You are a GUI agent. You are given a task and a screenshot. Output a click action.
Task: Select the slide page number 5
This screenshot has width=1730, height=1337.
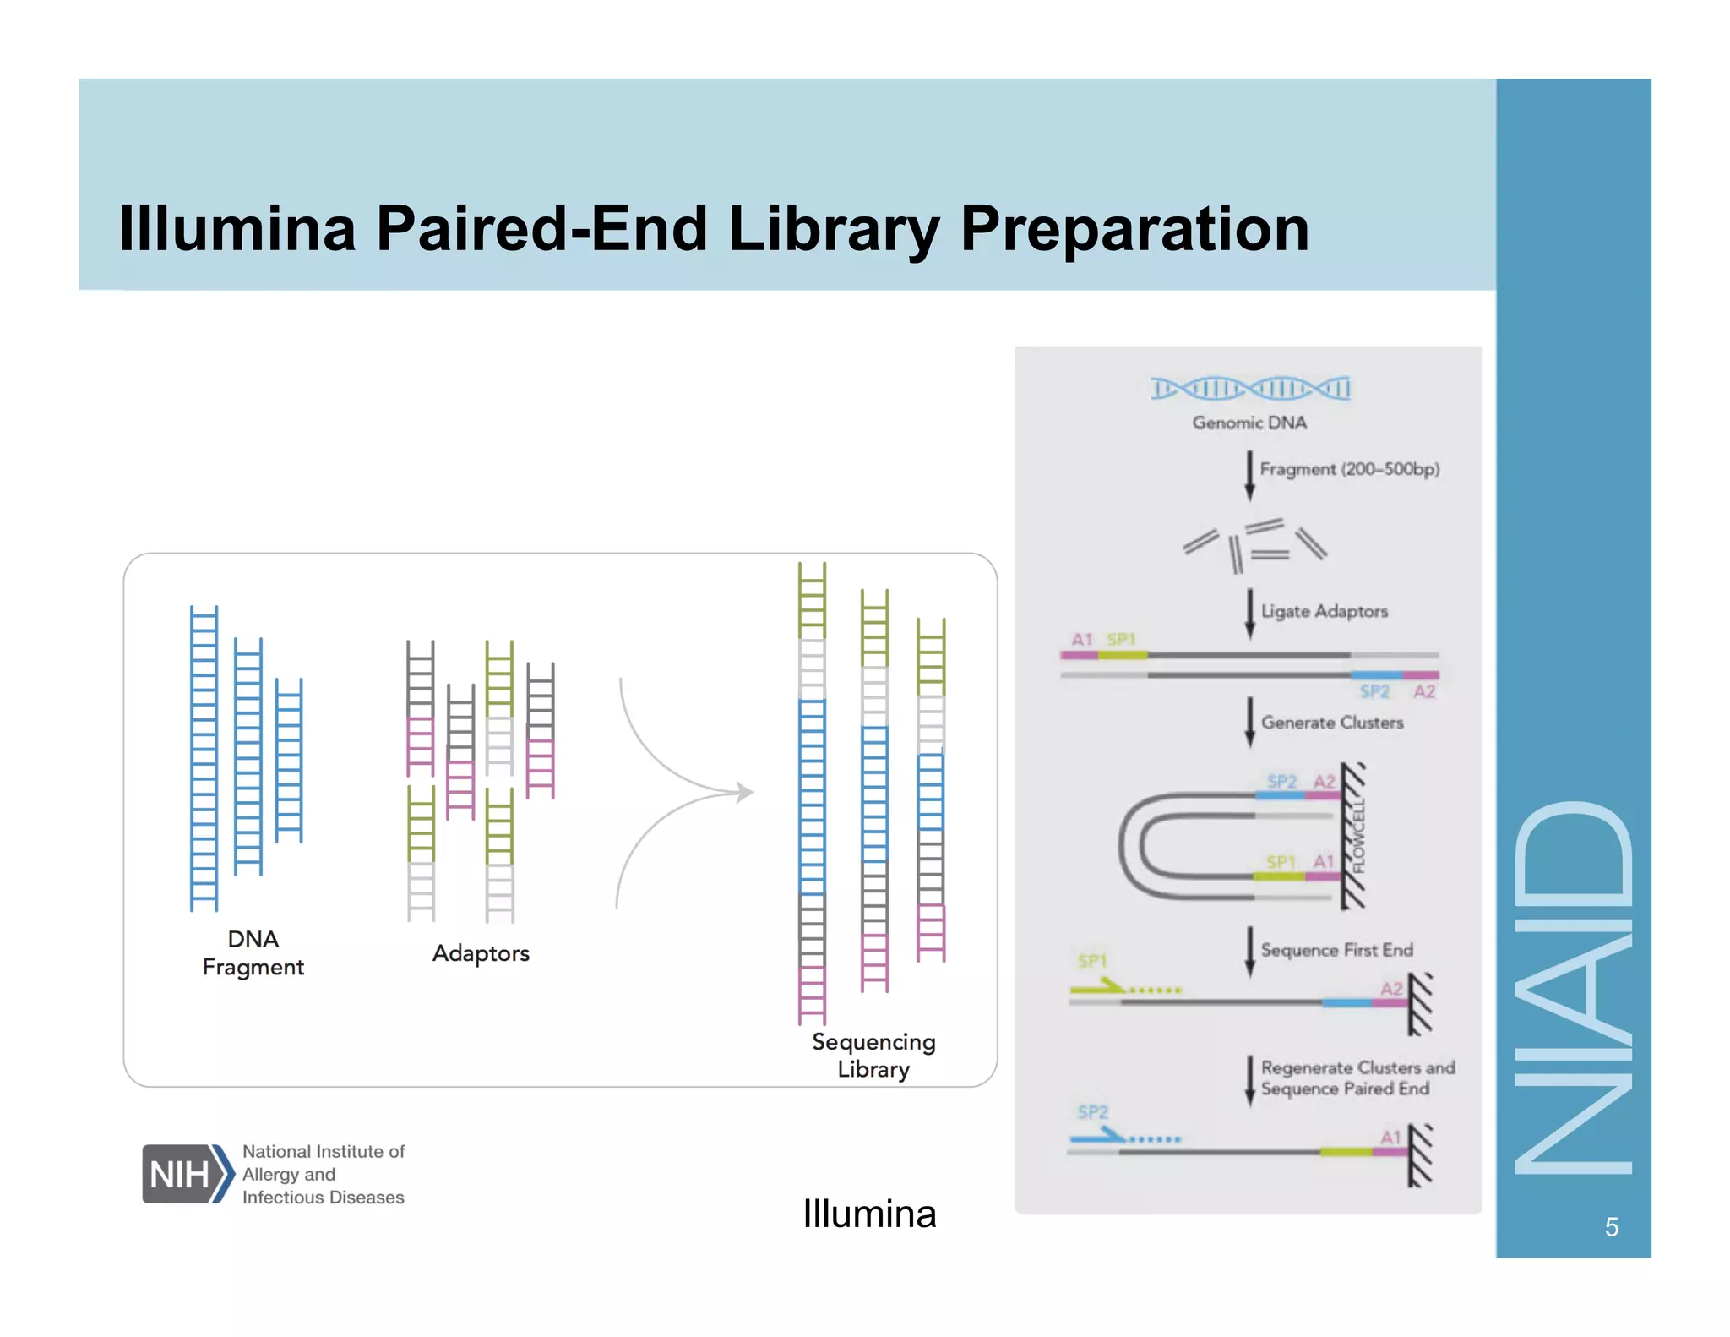[x=1611, y=1226]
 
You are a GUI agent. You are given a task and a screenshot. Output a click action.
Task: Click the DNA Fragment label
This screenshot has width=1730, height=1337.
[x=253, y=952]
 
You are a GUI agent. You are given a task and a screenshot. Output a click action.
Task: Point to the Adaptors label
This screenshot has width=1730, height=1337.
[x=481, y=953]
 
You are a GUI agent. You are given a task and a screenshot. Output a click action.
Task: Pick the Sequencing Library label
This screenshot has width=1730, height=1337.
[x=873, y=1055]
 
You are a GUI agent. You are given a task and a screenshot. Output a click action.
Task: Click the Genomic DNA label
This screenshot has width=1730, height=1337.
[x=1249, y=423]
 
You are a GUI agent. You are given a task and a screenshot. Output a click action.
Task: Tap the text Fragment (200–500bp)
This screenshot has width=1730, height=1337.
[x=1349, y=469]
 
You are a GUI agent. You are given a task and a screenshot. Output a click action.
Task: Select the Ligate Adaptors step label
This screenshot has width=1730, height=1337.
[x=1324, y=611]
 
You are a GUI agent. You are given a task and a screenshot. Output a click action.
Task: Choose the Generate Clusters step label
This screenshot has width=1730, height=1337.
[x=1331, y=723]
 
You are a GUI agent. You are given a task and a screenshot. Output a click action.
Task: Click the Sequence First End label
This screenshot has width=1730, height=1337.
[x=1336, y=950]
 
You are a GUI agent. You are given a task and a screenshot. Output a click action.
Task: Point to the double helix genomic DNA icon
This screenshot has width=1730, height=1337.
[x=1249, y=388]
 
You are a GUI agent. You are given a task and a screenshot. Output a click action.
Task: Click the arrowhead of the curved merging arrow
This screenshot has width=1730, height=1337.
[x=745, y=792]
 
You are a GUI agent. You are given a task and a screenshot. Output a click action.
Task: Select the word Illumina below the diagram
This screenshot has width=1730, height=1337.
[x=869, y=1214]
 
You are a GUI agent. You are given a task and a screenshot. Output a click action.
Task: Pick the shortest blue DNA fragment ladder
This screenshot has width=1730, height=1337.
[x=289, y=759]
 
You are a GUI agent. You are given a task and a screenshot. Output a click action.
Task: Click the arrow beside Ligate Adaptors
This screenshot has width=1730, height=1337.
[x=1249, y=614]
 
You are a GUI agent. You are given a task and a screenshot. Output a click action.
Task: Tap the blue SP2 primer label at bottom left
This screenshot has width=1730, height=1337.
[x=1092, y=1111]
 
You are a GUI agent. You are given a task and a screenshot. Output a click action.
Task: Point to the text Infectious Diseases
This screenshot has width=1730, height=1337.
[x=323, y=1198]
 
